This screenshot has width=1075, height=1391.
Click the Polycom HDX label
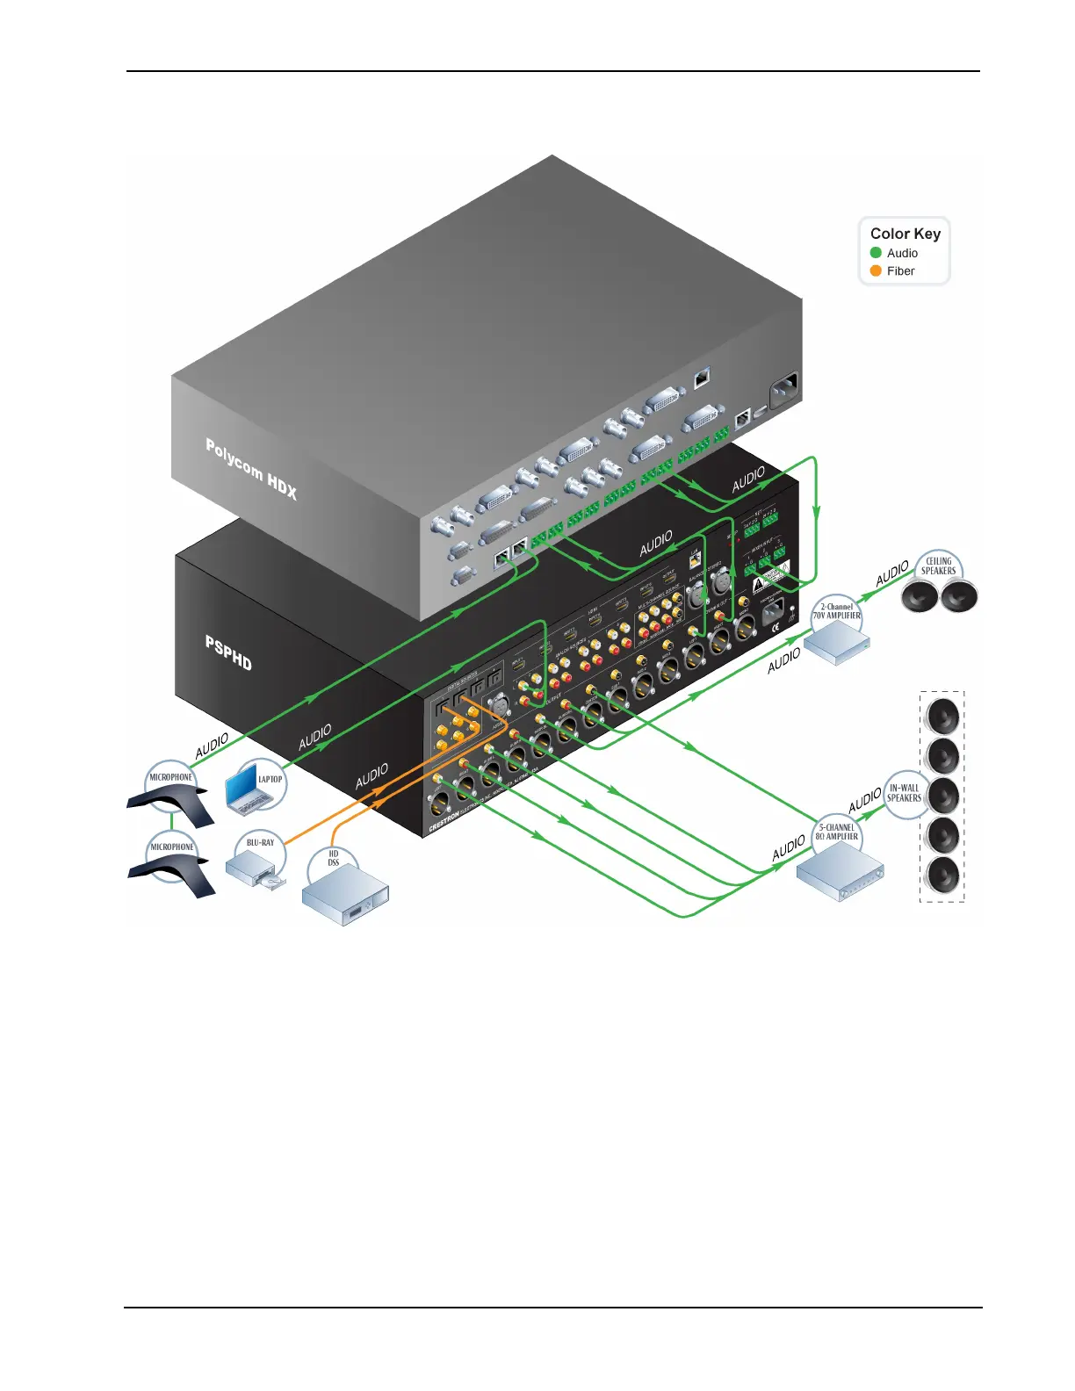(x=251, y=469)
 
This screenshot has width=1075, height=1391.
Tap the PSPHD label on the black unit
(x=228, y=653)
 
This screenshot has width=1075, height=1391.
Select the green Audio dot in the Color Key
(x=876, y=253)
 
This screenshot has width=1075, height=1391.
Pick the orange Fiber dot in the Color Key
(x=876, y=270)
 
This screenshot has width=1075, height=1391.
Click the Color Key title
(x=905, y=234)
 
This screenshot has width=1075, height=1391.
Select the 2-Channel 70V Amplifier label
(x=836, y=611)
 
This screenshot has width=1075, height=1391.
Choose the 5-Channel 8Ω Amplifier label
(x=836, y=832)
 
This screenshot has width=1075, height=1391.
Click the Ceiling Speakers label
(x=938, y=566)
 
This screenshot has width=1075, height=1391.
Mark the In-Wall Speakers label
(x=904, y=793)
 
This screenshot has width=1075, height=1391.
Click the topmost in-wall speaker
(x=943, y=715)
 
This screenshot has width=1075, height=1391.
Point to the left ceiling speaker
(x=920, y=597)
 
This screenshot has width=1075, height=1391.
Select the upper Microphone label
(x=170, y=777)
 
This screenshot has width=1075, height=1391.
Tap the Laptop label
(x=270, y=779)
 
